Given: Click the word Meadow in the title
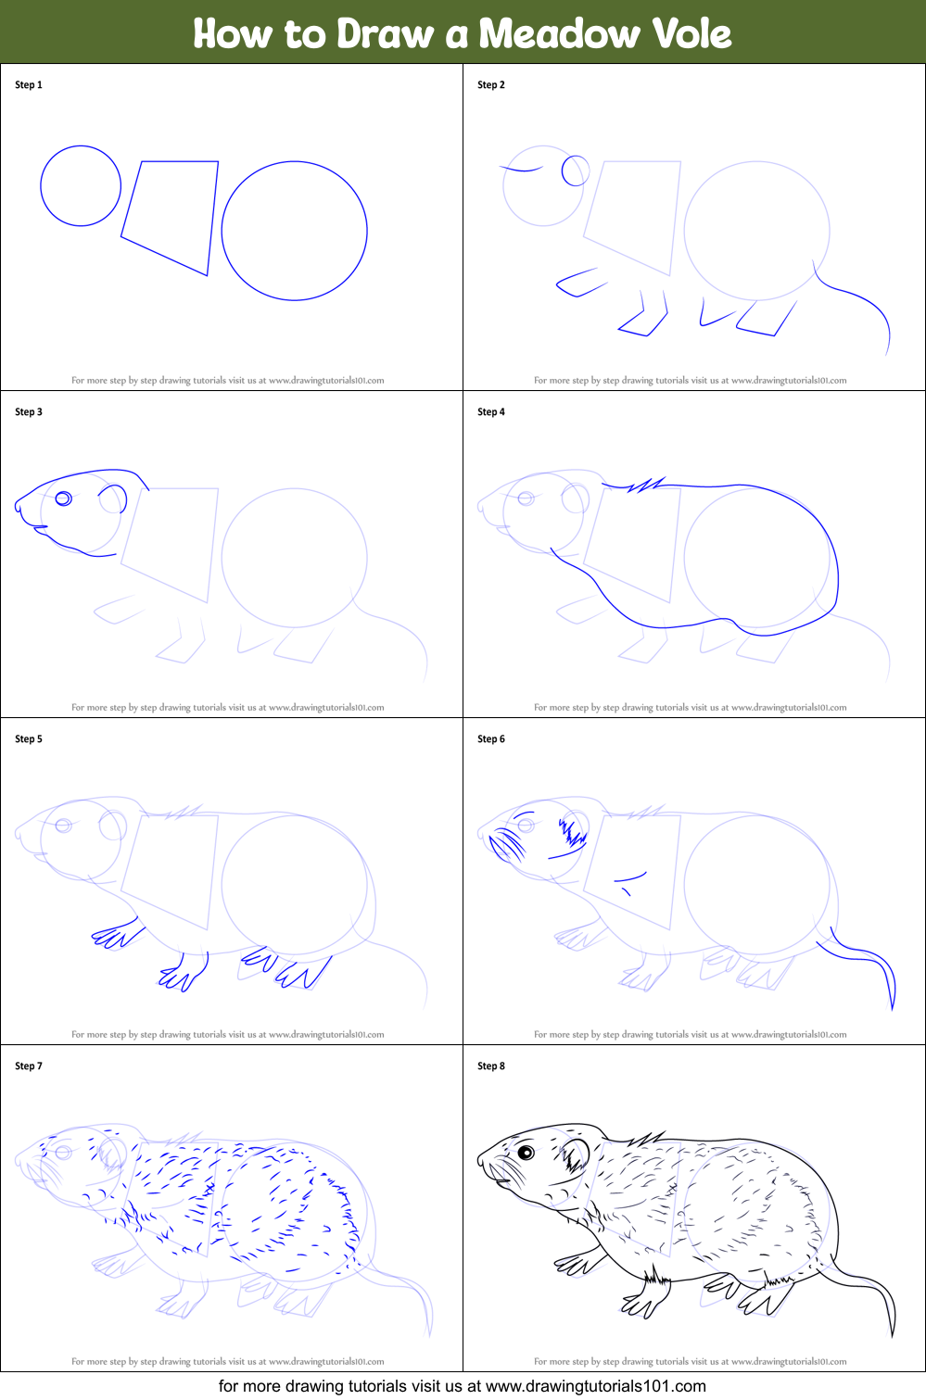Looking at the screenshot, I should pos(559,34).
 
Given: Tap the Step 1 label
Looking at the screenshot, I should pos(29,85).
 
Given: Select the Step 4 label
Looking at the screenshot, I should pos(491,412).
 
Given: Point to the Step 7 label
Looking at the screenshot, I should pos(29,1066).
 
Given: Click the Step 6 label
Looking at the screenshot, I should pos(491,739).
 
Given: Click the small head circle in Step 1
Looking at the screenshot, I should pos(81,185).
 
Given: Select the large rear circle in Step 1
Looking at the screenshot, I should pos(295,231).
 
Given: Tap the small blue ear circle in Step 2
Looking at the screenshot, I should pos(576,170).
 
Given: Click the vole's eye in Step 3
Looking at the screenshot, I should pos(63,498).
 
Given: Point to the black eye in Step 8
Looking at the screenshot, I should pos(526,1153).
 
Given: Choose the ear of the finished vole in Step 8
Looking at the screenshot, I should pos(575,1154).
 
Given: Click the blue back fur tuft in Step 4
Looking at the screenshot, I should pos(646,485).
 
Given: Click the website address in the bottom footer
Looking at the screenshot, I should pos(595,1386).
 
